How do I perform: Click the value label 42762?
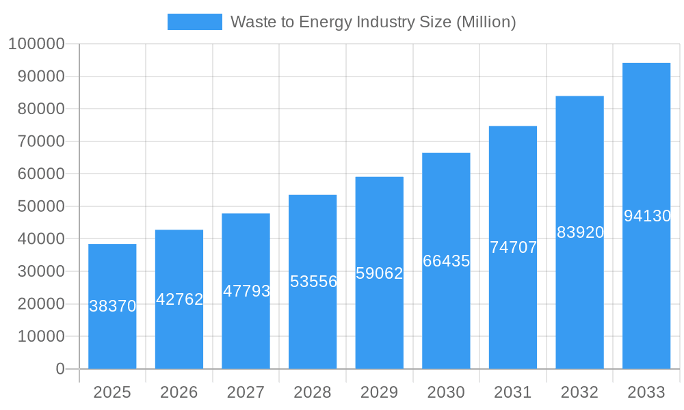tap(179, 299)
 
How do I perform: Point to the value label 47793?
tap(246, 291)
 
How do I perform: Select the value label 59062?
tap(380, 273)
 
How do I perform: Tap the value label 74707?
tap(513, 247)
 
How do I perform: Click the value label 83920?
tap(580, 232)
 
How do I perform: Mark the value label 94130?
tap(647, 216)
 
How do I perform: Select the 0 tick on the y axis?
tap(60, 369)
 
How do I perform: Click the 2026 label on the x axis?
tap(179, 392)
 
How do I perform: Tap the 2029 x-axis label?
tap(380, 392)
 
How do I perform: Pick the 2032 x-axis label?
tap(579, 392)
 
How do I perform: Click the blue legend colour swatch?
tap(195, 22)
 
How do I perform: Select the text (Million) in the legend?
tap(485, 22)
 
